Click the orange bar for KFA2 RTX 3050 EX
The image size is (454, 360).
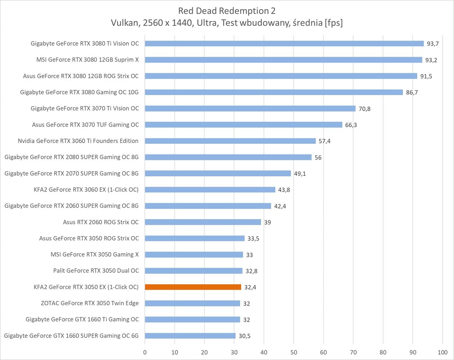point(193,287)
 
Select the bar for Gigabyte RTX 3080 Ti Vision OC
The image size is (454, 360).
point(284,44)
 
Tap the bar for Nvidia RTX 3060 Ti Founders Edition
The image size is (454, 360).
point(230,141)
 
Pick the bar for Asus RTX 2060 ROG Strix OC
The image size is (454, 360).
point(203,222)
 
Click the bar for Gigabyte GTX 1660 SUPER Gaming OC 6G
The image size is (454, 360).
point(190,336)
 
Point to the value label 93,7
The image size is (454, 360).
point(432,44)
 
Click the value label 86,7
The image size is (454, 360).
point(412,93)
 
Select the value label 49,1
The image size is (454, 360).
point(300,174)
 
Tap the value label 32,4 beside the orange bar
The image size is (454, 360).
point(250,287)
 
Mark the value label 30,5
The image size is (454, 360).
point(244,336)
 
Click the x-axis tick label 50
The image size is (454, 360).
point(293,352)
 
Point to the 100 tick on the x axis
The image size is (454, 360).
point(442,352)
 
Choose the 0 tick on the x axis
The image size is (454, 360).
point(145,352)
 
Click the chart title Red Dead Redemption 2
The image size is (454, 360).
point(227,11)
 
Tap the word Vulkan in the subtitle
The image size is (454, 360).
point(125,23)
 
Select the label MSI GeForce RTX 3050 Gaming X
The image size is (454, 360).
point(94,255)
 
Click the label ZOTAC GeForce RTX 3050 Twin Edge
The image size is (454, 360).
point(90,303)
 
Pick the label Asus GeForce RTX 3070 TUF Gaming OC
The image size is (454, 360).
point(85,125)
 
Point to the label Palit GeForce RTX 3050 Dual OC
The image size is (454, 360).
point(96,271)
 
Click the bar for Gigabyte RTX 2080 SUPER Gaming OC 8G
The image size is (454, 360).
point(228,157)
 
